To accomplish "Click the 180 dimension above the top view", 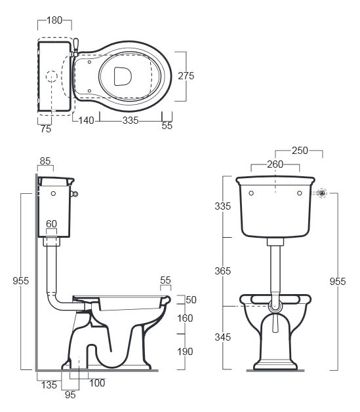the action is [54, 20].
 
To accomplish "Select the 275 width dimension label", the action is [186, 76].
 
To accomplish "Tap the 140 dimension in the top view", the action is [87, 121].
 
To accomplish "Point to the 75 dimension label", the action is [46, 129].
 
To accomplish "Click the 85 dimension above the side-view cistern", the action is [45, 161].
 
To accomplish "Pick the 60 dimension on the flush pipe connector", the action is [51, 224].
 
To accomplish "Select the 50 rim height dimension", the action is [191, 300].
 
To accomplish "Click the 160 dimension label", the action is [185, 318].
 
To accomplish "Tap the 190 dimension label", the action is [185, 352].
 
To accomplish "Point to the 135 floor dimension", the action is [49, 385].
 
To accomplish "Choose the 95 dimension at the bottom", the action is [70, 395].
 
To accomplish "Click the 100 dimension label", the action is [97, 383].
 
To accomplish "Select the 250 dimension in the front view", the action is [300, 151].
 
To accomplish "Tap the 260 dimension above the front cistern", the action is [275, 164].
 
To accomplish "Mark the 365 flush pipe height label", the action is [222, 271].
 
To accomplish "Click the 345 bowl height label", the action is [222, 337].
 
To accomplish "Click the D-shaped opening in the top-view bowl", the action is [123, 76].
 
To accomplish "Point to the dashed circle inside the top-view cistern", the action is [52, 76].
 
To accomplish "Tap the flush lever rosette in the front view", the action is [321, 193].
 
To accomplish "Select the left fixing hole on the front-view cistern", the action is [251, 193].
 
